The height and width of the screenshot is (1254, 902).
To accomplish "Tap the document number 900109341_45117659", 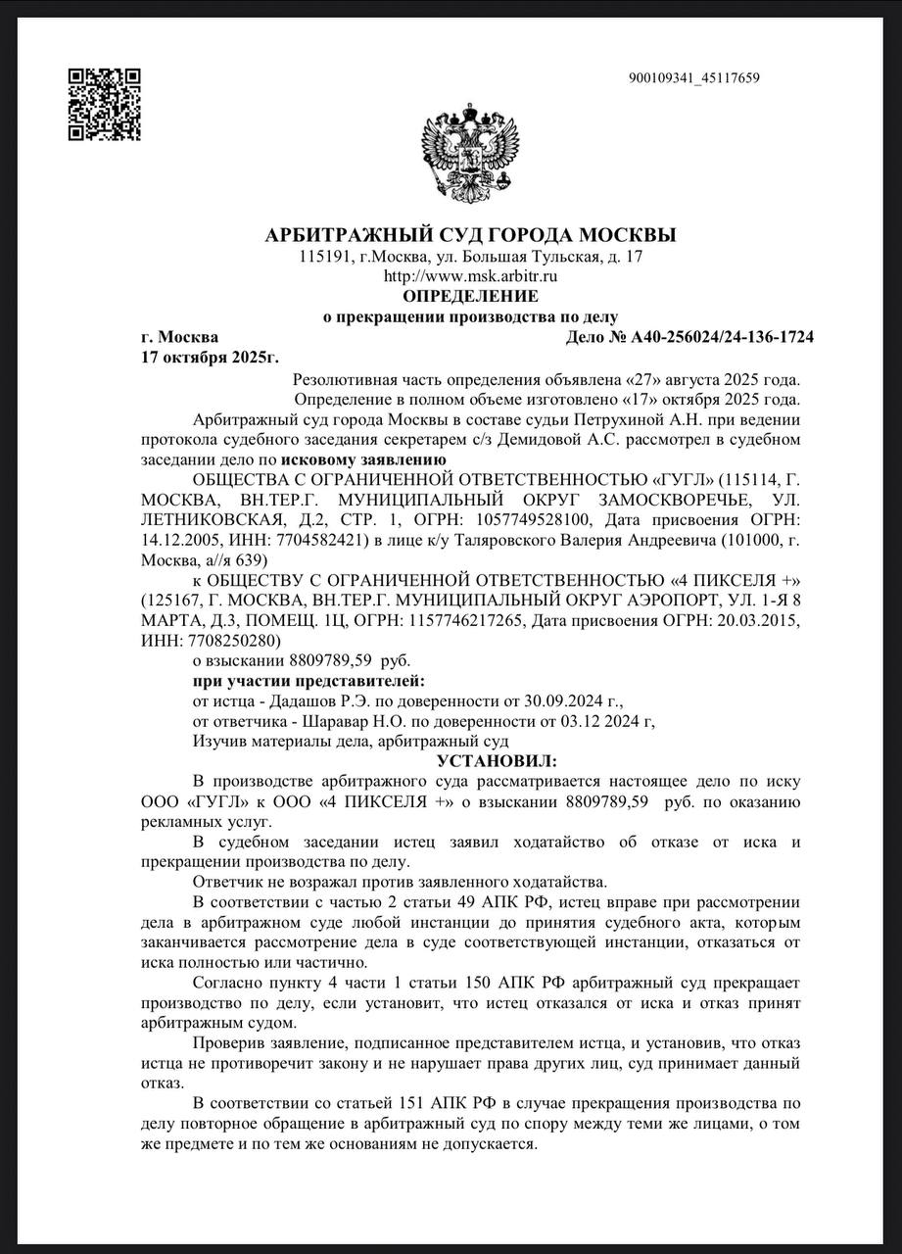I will [694, 78].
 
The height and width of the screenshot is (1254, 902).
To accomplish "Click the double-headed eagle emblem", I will [470, 152].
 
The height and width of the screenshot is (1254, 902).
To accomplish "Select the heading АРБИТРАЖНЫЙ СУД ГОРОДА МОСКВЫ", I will [470, 235].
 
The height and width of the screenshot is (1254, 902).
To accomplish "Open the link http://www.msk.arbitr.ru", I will [470, 276].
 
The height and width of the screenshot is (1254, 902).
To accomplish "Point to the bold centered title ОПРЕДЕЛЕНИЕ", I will [470, 296].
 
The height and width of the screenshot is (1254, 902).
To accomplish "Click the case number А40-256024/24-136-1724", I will [723, 337].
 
